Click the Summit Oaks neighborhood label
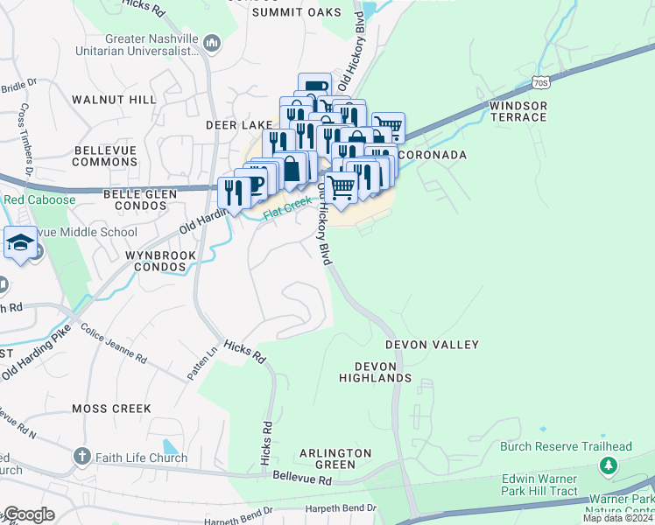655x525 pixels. (295, 13)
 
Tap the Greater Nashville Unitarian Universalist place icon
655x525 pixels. (211, 42)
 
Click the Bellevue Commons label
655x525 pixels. (105, 157)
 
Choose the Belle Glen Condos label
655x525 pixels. (135, 199)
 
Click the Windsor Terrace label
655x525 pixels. (518, 111)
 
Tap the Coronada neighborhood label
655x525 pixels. (433, 155)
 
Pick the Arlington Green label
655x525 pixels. (335, 458)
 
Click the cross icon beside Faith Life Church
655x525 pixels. (81, 456)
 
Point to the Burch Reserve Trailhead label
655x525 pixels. (566, 446)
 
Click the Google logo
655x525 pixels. (28, 514)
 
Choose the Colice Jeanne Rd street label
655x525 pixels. (114, 344)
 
